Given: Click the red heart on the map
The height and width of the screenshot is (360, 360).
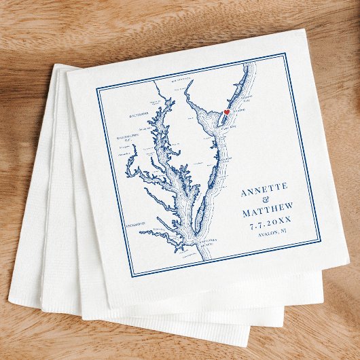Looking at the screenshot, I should coord(227,112).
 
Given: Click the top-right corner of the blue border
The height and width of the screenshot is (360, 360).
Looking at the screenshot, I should coord(284,53).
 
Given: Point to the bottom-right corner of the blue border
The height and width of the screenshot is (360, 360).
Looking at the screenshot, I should coord(320,240).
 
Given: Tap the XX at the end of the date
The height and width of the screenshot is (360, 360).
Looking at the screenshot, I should coord(285,221).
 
